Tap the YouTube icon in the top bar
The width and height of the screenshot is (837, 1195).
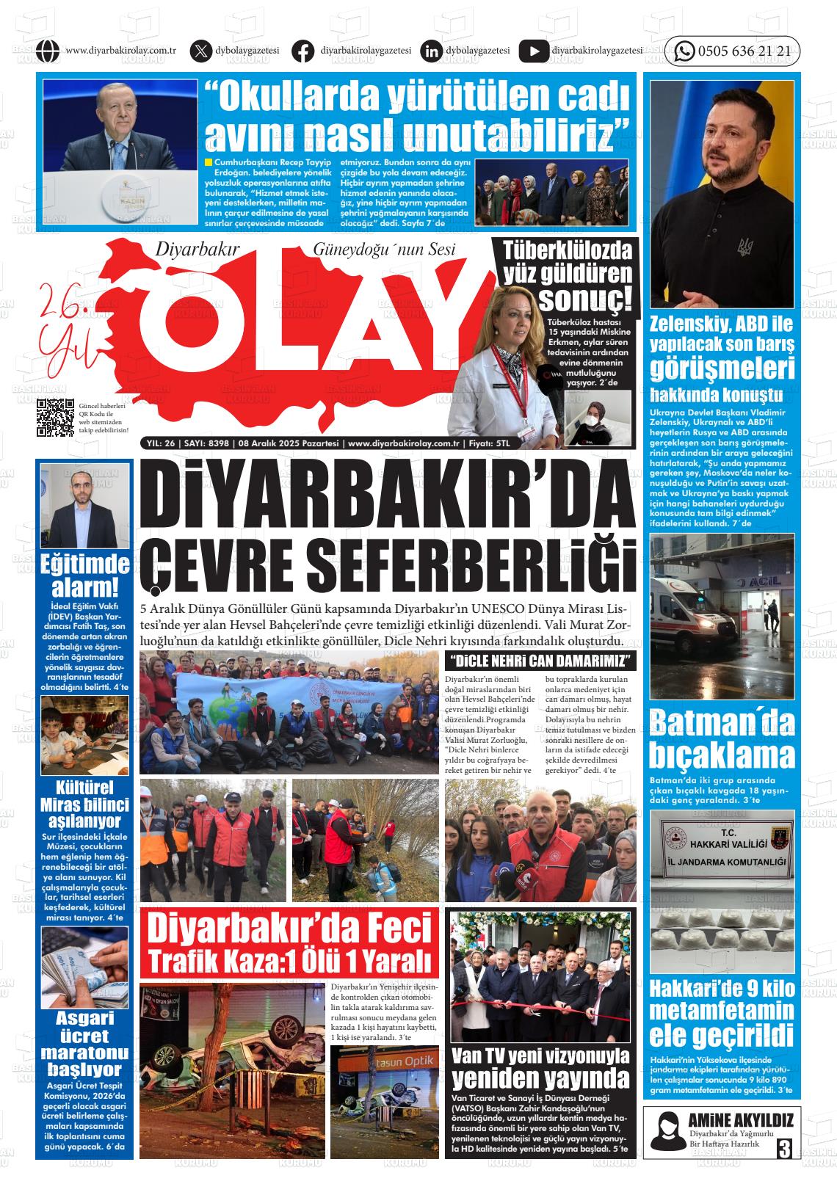[x=533, y=51]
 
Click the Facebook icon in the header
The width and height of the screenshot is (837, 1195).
[x=302, y=51]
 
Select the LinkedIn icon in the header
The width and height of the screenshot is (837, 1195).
[x=431, y=51]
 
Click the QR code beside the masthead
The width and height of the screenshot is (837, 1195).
[x=56, y=417]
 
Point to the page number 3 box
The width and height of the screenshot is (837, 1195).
[x=784, y=1147]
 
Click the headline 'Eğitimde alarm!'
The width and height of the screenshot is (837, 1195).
[x=85, y=575]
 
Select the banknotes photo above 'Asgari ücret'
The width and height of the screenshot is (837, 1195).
[x=84, y=967]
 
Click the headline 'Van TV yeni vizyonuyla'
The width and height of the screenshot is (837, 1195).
[x=540, y=1056]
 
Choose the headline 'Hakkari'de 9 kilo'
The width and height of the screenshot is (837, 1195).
[x=722, y=990]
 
